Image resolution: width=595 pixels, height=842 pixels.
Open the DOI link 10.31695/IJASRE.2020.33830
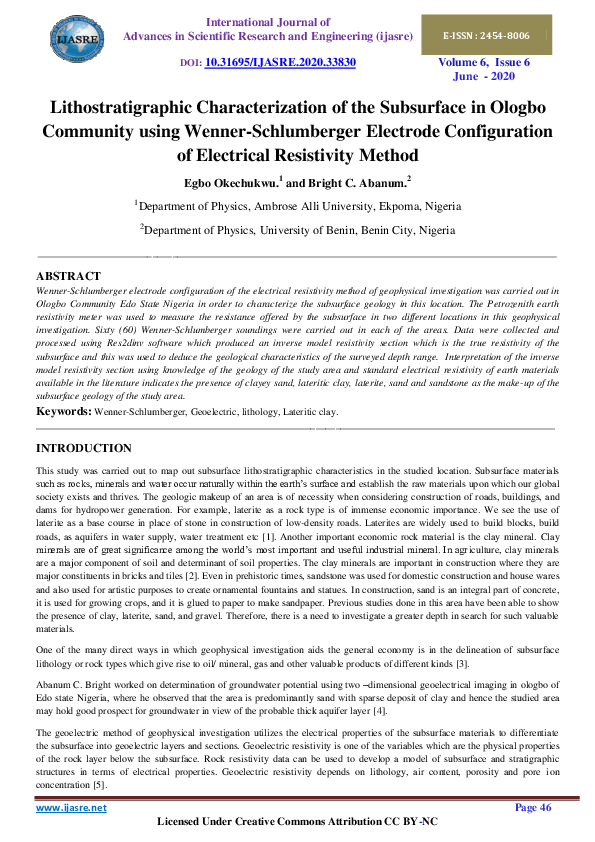280,62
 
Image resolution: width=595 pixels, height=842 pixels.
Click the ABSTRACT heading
68,275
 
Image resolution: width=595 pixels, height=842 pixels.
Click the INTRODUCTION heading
84,448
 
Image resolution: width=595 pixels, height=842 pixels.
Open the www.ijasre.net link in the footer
71,807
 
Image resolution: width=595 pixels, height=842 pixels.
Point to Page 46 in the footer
532,807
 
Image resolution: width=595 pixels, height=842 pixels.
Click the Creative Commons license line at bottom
297,822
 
